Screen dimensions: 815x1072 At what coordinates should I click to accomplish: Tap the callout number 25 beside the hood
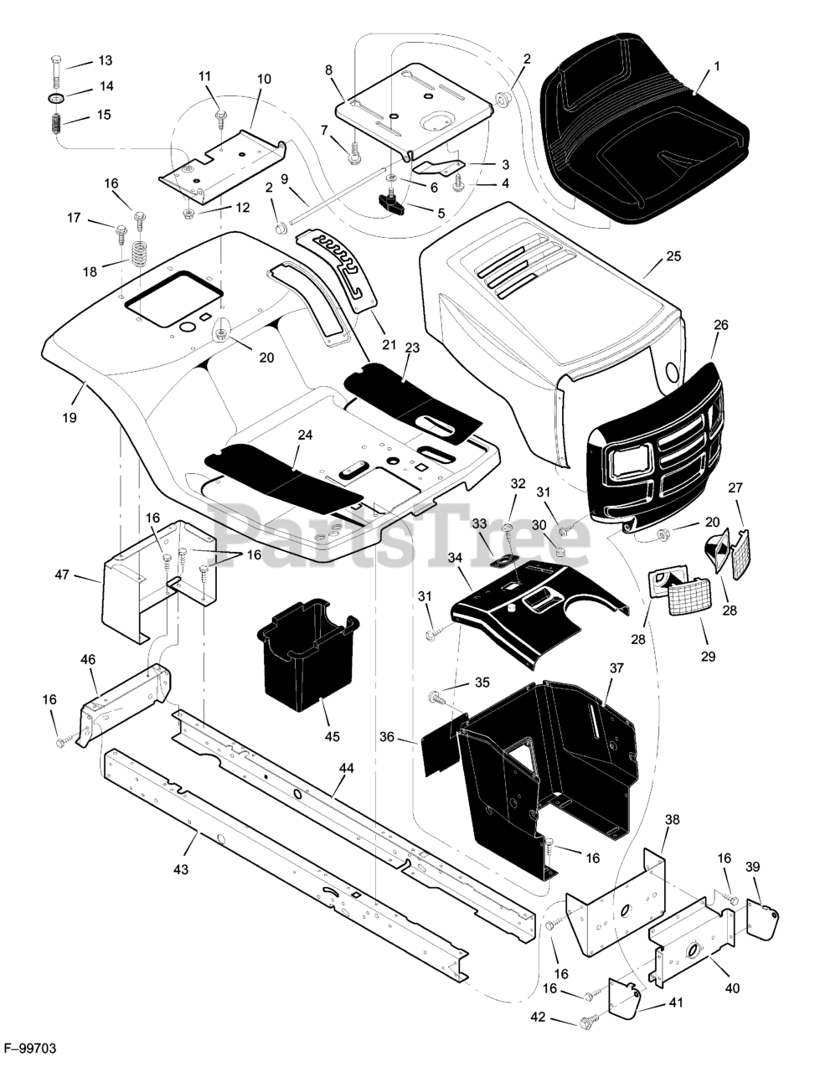pos(673,256)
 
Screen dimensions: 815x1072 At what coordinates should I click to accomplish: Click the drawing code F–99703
pos(30,1049)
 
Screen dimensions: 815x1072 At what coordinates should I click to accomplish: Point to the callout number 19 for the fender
pos(70,418)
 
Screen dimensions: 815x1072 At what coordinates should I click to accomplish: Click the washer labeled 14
pos(57,99)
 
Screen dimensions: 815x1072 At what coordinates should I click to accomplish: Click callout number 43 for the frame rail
pos(181,869)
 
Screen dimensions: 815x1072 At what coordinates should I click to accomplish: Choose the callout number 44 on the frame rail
pos(347,768)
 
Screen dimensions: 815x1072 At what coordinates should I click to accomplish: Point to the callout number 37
pos(616,667)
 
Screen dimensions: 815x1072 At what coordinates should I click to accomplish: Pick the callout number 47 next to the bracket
pos(62,575)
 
